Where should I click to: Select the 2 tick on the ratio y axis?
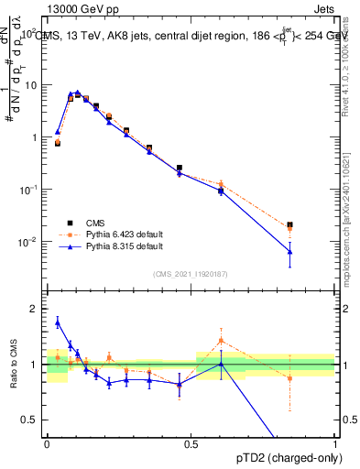[x=35, y=309]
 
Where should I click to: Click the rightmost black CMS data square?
[x=289, y=224]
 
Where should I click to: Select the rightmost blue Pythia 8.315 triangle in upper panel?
[x=289, y=251]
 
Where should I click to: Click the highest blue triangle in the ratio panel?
[x=58, y=322]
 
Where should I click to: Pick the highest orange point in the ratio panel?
[x=221, y=341]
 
